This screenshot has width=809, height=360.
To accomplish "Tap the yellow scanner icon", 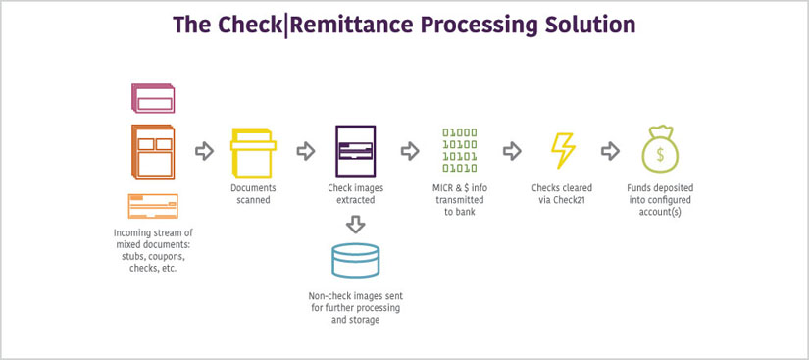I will click(253, 152).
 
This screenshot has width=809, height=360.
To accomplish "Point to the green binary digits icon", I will click(459, 150).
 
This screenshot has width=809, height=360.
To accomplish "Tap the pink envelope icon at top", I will click(153, 100).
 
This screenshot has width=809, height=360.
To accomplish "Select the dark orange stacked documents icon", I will click(152, 151).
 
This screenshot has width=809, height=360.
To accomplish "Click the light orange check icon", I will click(152, 206).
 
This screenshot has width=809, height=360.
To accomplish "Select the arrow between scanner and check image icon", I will click(305, 151).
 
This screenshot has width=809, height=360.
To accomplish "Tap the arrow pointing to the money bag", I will click(610, 151).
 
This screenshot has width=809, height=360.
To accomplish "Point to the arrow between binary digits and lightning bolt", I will click(511, 151).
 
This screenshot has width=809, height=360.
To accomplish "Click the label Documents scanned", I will click(253, 193).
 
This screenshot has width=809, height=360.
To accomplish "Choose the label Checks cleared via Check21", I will click(562, 193).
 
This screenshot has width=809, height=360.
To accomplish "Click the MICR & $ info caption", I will click(459, 199).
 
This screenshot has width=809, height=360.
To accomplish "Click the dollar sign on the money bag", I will click(660, 154).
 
